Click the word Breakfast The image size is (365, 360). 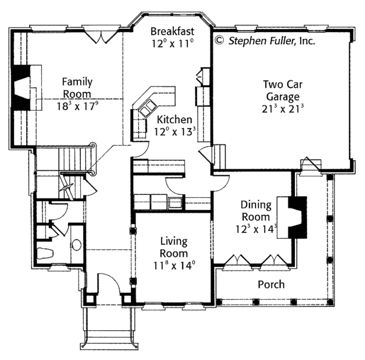(x=172, y=31)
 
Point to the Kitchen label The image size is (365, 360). (x=174, y=120)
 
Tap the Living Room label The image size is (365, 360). (x=173, y=247)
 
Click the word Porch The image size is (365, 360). (x=271, y=284)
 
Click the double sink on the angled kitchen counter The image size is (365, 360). (x=147, y=110)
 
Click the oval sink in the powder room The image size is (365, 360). (x=76, y=245)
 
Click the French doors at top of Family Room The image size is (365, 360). (x=99, y=36)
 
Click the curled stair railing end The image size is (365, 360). (x=92, y=146)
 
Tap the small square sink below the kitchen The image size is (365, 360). (x=175, y=203)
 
